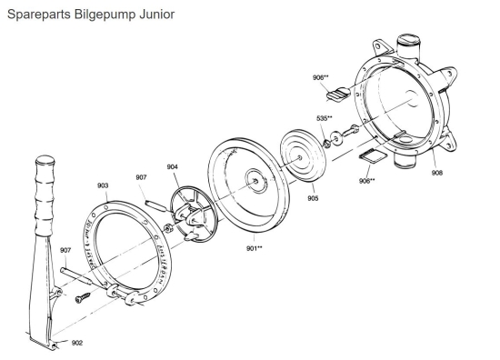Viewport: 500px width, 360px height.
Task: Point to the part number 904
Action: click(x=174, y=166)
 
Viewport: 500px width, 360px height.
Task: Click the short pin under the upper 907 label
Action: click(x=154, y=199)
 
